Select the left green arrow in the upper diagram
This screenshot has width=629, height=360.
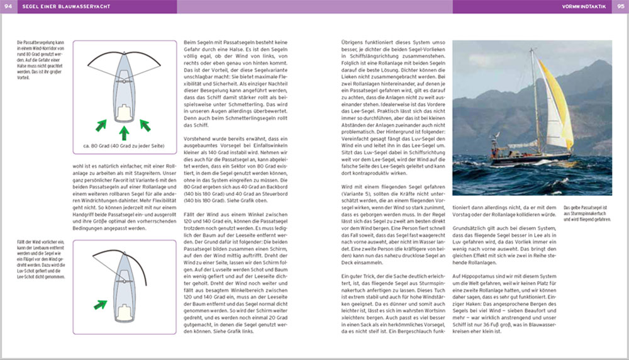pyautogui.click(x=100, y=127)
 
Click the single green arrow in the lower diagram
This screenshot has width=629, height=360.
pyautogui.click(x=100, y=305)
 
